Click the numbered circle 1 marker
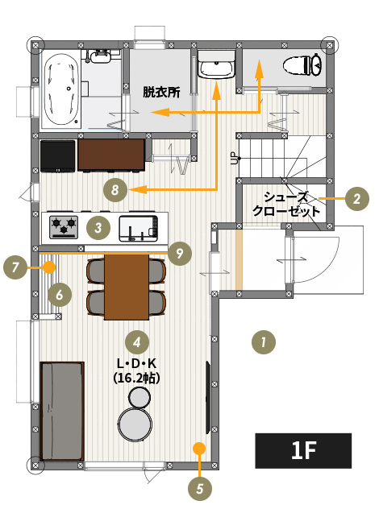pyautogui.click(x=264, y=341)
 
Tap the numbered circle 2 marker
pyautogui.click(x=357, y=198)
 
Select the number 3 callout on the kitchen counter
pyautogui.click(x=98, y=228)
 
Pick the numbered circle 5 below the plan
pyautogui.click(x=200, y=488)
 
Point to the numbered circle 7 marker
pyautogui.click(x=15, y=267)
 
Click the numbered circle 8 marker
pyautogui.click(x=115, y=189)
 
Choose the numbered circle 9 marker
pyautogui.click(x=180, y=253)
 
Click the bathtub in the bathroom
pyautogui.click(x=60, y=90)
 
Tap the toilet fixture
pyautogui.click(x=302, y=64)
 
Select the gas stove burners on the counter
pyautogui.click(x=64, y=226)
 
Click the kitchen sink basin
pyautogui.click(x=139, y=229)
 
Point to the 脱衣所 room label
pyautogui.click(x=161, y=92)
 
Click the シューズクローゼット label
pyautogui.click(x=286, y=204)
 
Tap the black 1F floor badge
pyautogui.click(x=303, y=450)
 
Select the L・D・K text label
pyautogui.click(x=136, y=364)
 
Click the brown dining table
pyautogui.click(x=127, y=287)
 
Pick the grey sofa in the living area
pyautogui.click(x=62, y=412)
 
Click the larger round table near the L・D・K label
pyautogui.click(x=135, y=424)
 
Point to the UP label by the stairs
pyautogui.click(x=233, y=158)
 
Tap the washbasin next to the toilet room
pyautogui.click(x=216, y=67)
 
